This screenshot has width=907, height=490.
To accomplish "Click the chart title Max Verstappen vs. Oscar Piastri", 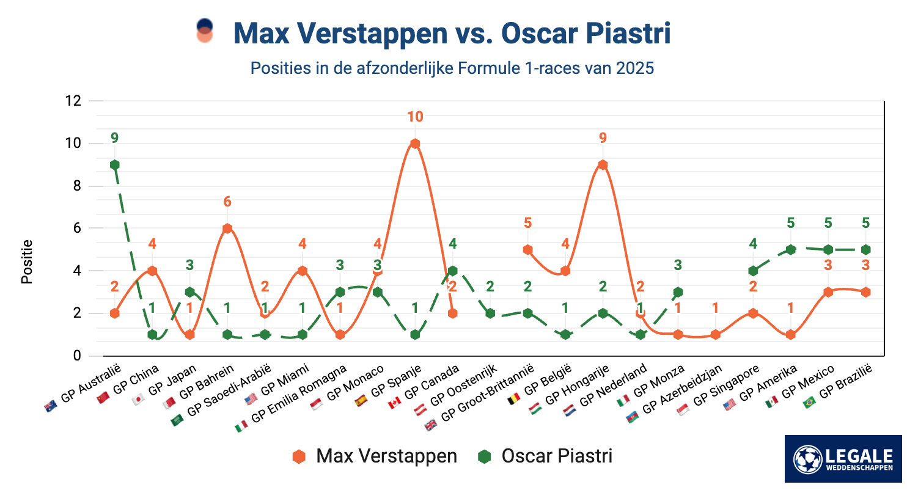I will (x=452, y=34).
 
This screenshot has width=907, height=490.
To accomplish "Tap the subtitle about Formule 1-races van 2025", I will (x=452, y=68).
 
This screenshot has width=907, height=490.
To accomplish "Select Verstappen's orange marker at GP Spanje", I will (x=415, y=144).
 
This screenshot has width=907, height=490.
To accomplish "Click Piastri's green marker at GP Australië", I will (x=114, y=165).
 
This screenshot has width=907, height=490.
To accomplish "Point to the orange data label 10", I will (x=415, y=117).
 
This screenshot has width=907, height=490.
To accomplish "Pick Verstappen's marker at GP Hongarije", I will (x=603, y=165).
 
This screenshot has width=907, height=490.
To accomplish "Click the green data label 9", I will (x=114, y=138).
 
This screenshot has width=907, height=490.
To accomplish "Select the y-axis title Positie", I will (x=27, y=261).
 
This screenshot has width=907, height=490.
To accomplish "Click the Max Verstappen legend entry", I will (x=375, y=456).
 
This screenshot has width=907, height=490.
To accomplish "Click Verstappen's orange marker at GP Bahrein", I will (x=227, y=229).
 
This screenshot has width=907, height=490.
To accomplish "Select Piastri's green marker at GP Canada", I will (x=452, y=271).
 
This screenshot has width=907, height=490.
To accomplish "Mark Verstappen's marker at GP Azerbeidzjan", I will (x=716, y=335).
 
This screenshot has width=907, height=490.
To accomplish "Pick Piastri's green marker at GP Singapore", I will (x=753, y=271).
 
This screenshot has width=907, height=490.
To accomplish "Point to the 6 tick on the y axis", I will (x=76, y=228).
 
